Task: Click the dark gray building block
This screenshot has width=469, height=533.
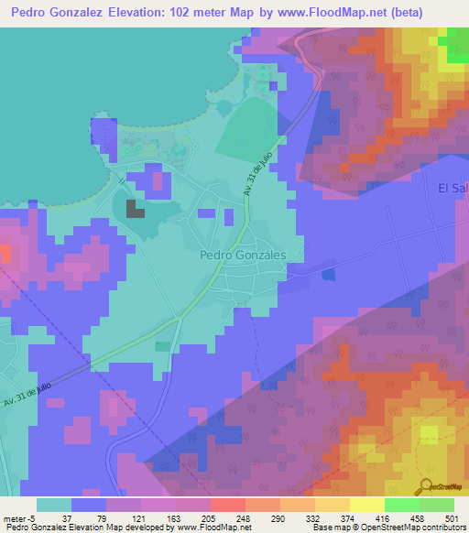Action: coord(136,209)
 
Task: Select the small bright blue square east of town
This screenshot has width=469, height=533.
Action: coord(329,274)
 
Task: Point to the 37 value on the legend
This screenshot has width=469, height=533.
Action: coord(66,517)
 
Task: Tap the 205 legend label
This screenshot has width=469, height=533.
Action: coord(221,517)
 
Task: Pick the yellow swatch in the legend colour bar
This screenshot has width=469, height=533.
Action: coord(367,504)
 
